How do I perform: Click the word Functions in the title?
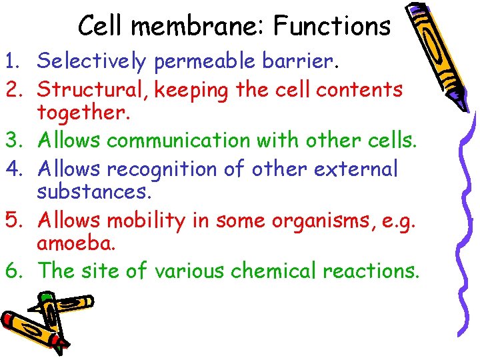coord(332,27)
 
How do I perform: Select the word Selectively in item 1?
coord(92,61)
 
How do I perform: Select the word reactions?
coord(371,271)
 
